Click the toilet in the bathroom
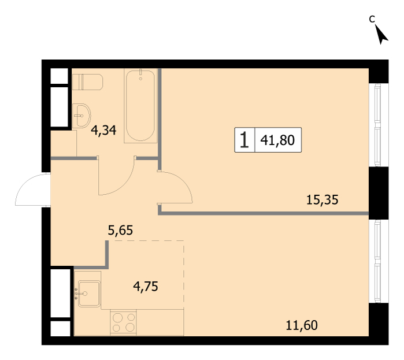tap(87, 82)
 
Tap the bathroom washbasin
tap(81, 116)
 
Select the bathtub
tap(140, 106)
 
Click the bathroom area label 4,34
tap(103, 130)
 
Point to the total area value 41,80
tap(277, 140)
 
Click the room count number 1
tap(244, 140)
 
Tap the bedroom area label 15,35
tap(323, 200)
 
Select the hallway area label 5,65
tap(120, 230)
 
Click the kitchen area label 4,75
tap(146, 287)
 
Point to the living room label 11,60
tap(302, 325)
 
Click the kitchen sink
tap(89, 294)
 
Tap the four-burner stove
tap(123, 322)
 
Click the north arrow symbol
tap(381, 34)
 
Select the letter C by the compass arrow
tap(372, 19)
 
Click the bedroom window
tap(378, 125)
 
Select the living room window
tap(378, 261)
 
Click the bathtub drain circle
tap(140, 79)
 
